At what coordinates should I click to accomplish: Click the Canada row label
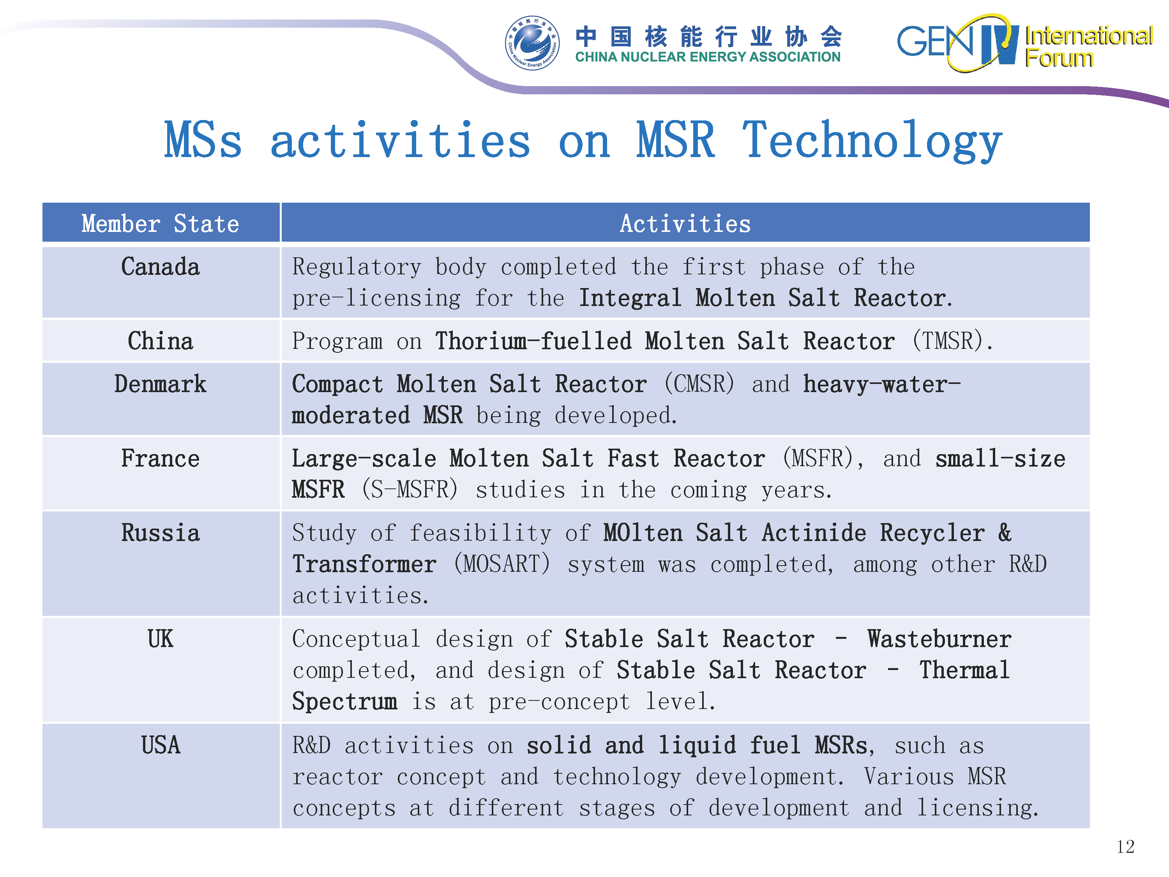[161, 267]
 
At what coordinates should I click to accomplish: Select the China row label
[161, 341]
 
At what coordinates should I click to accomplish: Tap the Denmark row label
[161, 384]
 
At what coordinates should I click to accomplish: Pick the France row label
[161, 458]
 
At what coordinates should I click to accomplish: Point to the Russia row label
[161, 533]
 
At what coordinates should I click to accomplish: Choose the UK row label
[161, 639]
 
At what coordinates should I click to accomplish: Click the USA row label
[161, 745]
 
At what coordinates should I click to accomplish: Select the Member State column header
[161, 224]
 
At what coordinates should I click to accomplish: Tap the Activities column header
[685, 224]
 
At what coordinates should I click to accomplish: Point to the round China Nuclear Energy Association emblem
[532, 43]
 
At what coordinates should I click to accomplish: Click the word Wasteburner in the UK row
[939, 639]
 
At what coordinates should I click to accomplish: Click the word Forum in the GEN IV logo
[1059, 58]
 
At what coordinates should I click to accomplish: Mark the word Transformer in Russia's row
[365, 564]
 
